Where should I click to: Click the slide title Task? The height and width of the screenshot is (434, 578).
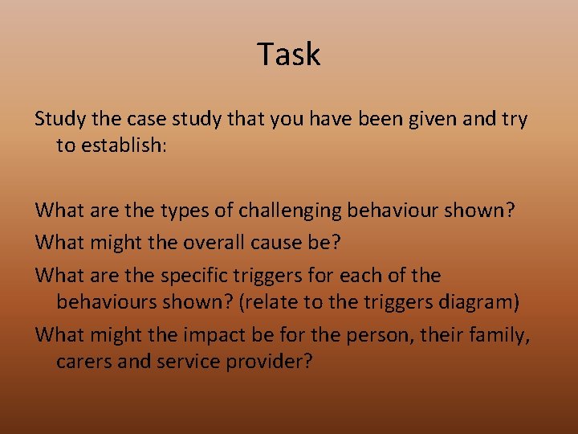[289, 54]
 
